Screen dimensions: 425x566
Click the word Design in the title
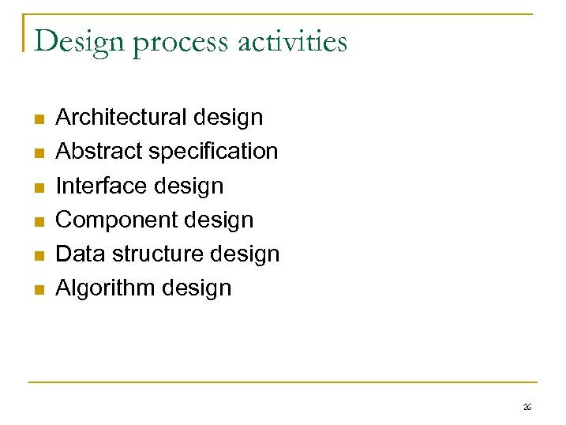(x=79, y=41)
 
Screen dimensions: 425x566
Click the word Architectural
(x=121, y=118)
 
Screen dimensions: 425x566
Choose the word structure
(x=159, y=254)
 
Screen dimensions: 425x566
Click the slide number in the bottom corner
(x=527, y=407)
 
